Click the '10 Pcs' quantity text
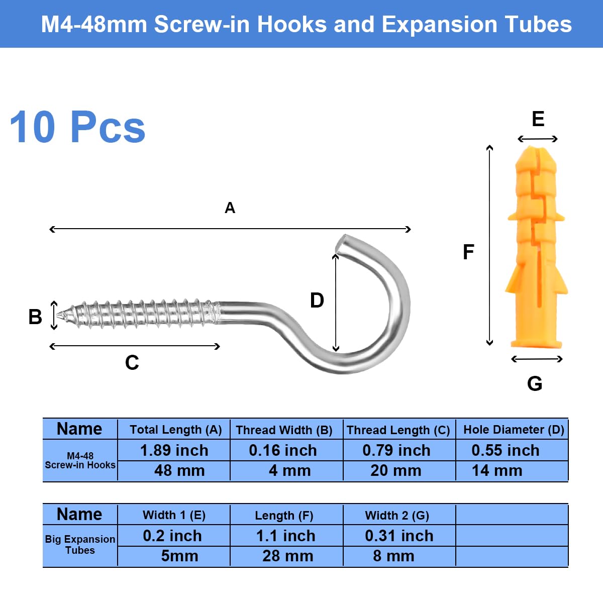click(77, 127)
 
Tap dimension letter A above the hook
click(230, 208)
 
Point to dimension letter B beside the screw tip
click(35, 317)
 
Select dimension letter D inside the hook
click(317, 300)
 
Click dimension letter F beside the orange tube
click(468, 252)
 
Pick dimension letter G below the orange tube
click(535, 383)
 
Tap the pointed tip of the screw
click(57, 314)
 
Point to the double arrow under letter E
click(538, 139)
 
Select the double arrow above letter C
click(135, 346)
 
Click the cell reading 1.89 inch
click(174, 450)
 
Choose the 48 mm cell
click(179, 471)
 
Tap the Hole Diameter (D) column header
click(514, 430)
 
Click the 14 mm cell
click(497, 471)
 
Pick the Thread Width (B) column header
click(284, 430)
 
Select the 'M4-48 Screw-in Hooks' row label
click(80, 460)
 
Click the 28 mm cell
click(287, 556)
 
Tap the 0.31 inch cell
click(399, 536)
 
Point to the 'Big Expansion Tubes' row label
click(80, 545)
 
